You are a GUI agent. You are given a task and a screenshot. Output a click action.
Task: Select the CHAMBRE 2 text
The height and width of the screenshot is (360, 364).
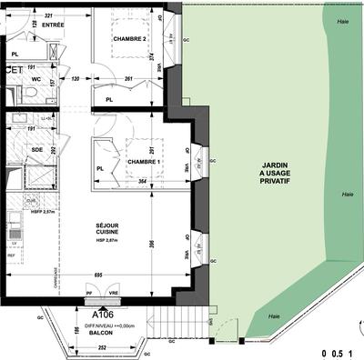coord(130,39)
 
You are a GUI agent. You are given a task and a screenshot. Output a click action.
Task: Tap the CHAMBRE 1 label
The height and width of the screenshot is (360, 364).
coord(144,162)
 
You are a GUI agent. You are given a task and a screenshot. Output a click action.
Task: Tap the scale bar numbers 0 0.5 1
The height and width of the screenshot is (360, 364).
coord(336,350)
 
